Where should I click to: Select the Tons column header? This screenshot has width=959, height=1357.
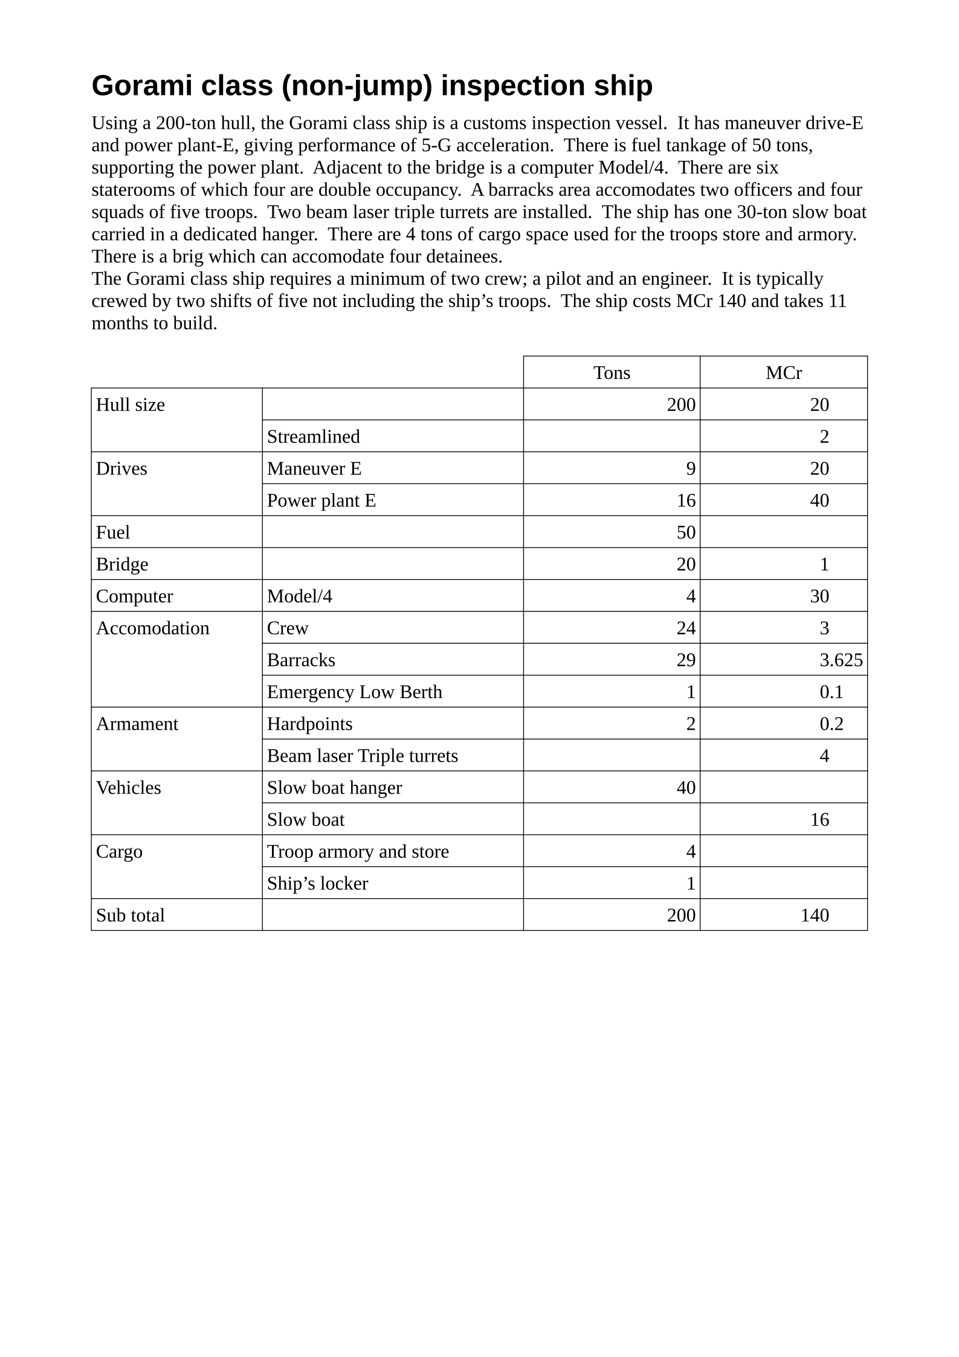pyautogui.click(x=611, y=372)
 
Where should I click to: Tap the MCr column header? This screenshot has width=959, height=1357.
pyautogui.click(x=783, y=372)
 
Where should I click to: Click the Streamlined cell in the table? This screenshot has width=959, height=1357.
pyautogui.click(x=313, y=436)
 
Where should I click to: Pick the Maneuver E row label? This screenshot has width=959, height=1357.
pyautogui.click(x=314, y=468)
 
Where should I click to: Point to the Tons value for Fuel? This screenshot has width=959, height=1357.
pyautogui.click(x=685, y=532)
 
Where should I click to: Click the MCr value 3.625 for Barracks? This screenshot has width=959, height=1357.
pyautogui.click(x=841, y=659)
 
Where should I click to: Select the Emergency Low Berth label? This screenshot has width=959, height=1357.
pyautogui.click(x=354, y=691)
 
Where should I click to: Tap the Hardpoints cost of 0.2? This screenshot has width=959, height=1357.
pyautogui.click(x=831, y=724)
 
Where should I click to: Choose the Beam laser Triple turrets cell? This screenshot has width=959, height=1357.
pyautogui.click(x=362, y=756)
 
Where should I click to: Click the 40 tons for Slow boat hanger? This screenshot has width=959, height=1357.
pyautogui.click(x=685, y=788)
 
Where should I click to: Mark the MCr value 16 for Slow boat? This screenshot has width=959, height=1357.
pyautogui.click(x=819, y=820)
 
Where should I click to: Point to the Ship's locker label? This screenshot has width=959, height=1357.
pyautogui.click(x=317, y=883)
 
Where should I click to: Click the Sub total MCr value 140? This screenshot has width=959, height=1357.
pyautogui.click(x=814, y=915)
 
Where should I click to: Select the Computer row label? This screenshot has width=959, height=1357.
pyautogui.click(x=134, y=596)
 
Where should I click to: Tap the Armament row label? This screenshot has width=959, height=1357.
pyautogui.click(x=137, y=724)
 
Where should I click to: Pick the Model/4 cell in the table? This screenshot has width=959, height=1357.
pyautogui.click(x=299, y=596)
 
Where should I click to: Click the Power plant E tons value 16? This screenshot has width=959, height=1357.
pyautogui.click(x=685, y=500)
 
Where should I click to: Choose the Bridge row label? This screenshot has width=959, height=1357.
pyautogui.click(x=121, y=564)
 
